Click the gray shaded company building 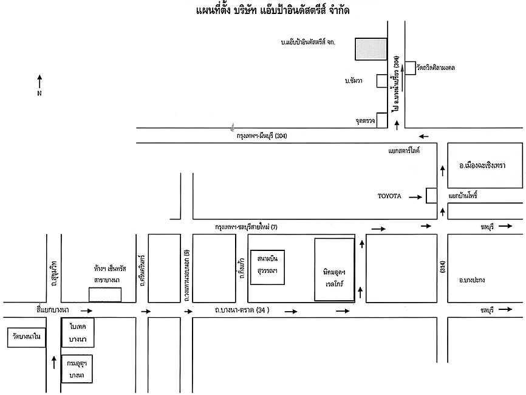point(371,49)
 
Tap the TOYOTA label point(389,196)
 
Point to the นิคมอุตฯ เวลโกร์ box point(334,269)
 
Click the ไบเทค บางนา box point(77,332)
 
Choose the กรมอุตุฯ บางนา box point(77,368)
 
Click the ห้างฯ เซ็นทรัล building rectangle point(104,295)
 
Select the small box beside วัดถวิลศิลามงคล point(410,67)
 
